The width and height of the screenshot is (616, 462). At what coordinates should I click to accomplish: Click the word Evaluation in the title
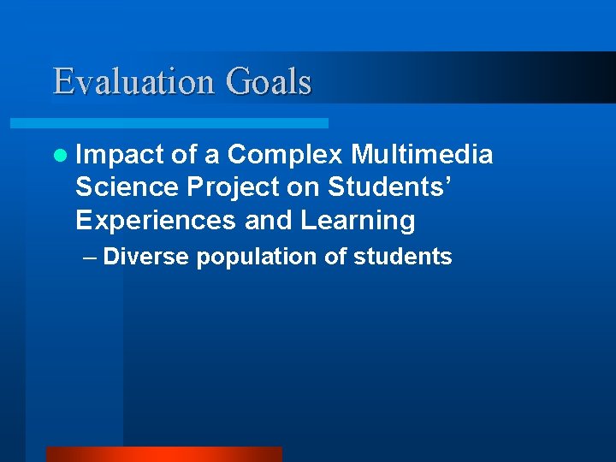(134, 81)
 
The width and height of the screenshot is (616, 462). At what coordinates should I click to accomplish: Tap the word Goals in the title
(269, 81)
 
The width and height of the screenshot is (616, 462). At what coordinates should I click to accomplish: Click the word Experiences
(155, 220)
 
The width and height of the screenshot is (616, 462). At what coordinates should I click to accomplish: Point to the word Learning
(357, 220)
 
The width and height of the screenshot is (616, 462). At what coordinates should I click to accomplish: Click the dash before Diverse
(89, 257)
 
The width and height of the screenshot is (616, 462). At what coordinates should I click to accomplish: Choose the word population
(258, 258)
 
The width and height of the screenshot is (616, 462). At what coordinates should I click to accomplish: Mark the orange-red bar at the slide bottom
(163, 454)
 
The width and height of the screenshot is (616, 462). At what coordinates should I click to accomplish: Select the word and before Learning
(268, 220)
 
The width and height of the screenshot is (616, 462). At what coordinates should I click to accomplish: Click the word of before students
(335, 257)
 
